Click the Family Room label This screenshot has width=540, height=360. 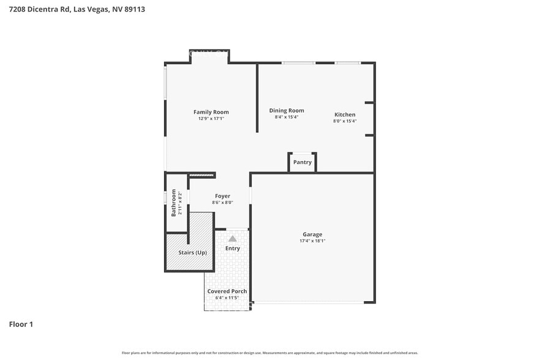click(x=211, y=112)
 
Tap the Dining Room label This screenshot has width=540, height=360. click(x=287, y=111)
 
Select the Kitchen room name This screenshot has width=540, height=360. click(x=345, y=114)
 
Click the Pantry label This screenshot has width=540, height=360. click(x=302, y=162)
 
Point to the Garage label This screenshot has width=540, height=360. click(x=312, y=234)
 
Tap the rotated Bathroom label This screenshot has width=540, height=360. click(x=174, y=203)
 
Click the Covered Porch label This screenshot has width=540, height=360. click(x=227, y=291)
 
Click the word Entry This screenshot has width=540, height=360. click(x=233, y=249)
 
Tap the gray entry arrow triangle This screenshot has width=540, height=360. click(x=233, y=239)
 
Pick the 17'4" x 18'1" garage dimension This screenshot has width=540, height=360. click(x=312, y=241)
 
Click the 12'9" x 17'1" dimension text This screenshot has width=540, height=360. click(x=211, y=119)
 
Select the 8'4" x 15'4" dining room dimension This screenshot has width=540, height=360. click(x=287, y=118)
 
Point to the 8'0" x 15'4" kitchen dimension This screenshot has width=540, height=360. click(x=345, y=121)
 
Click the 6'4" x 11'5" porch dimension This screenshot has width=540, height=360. click(x=227, y=298)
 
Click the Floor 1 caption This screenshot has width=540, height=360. click(x=21, y=324)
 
